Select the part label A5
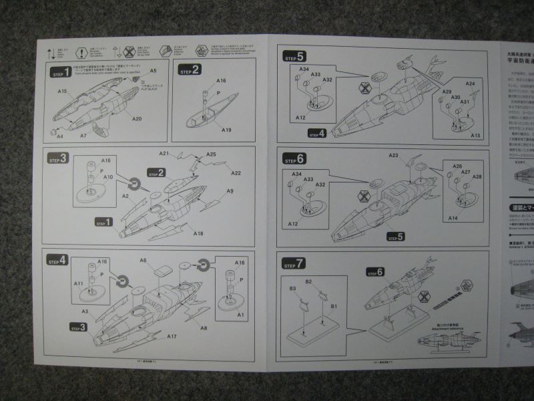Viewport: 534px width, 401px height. tap(153, 71)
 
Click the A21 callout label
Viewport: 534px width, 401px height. tap(164, 154)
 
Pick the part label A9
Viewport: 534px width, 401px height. tap(230, 192)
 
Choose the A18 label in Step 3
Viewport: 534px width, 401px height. tap(198, 233)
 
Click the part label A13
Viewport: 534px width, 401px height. tap(475, 136)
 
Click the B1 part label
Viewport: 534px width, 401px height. tap(334, 306)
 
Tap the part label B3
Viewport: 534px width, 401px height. tap(292, 288)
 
